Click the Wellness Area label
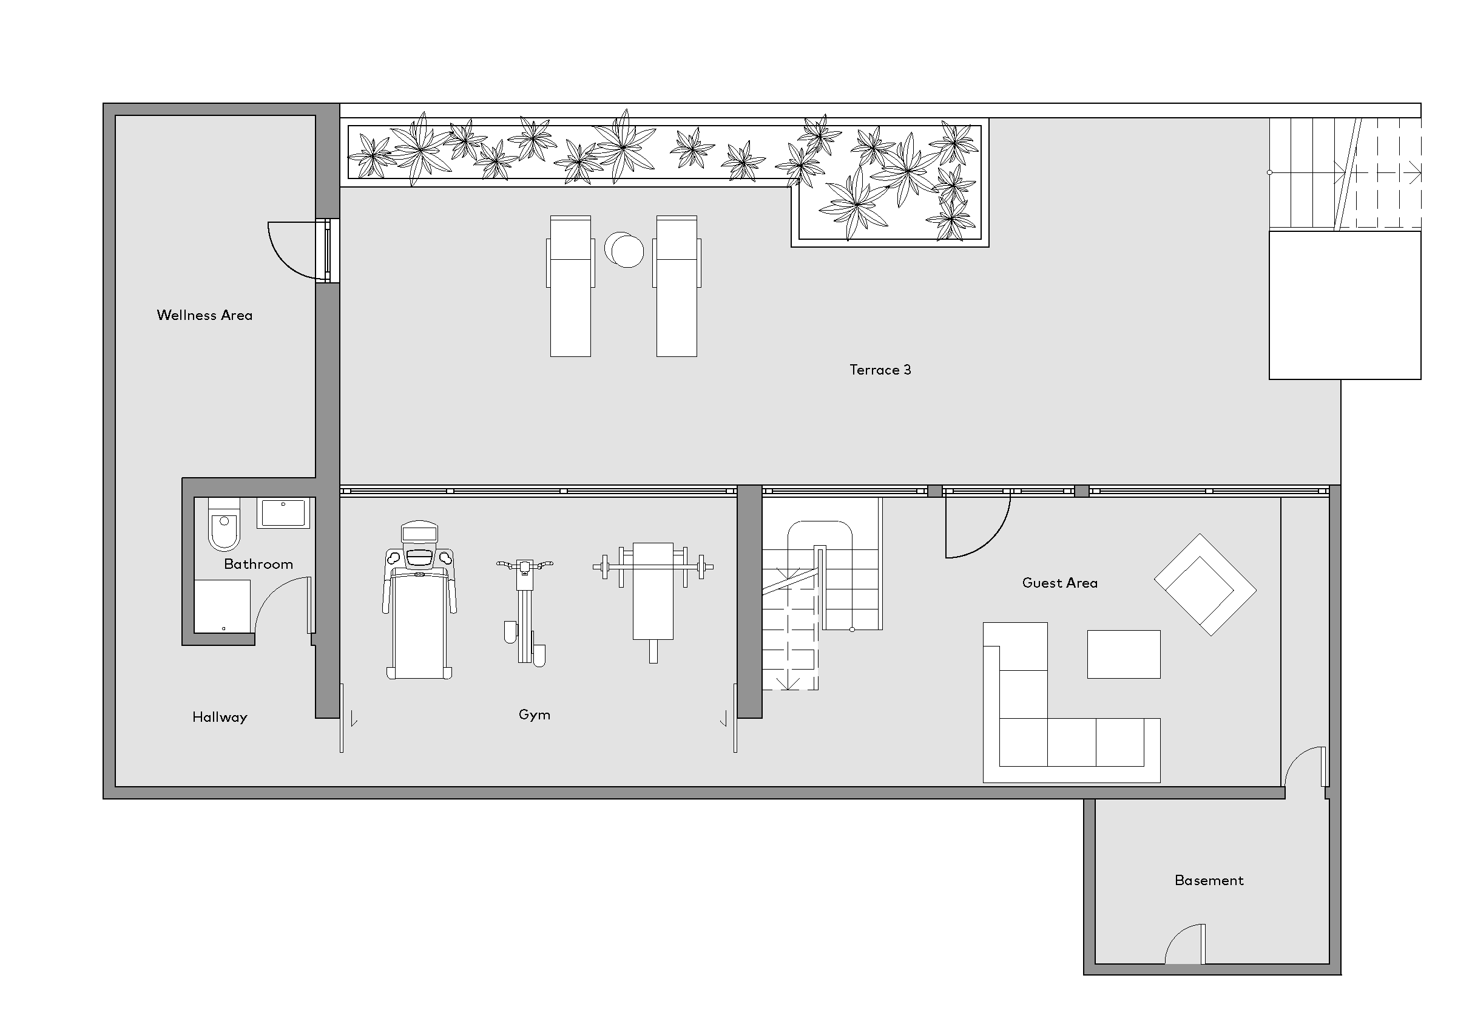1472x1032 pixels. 204,315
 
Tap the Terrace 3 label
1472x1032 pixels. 880,370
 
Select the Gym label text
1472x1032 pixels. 534,715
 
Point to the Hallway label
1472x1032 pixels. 220,717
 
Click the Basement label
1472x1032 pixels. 1209,880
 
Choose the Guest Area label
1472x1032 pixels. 1060,582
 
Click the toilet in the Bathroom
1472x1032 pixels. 224,524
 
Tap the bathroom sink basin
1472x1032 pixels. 283,513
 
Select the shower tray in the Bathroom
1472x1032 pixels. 222,606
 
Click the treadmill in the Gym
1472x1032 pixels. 419,600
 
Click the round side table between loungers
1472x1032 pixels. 624,250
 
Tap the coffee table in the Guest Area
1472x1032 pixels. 1124,654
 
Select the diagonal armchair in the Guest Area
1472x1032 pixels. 1205,585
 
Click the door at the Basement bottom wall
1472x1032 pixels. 1186,943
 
